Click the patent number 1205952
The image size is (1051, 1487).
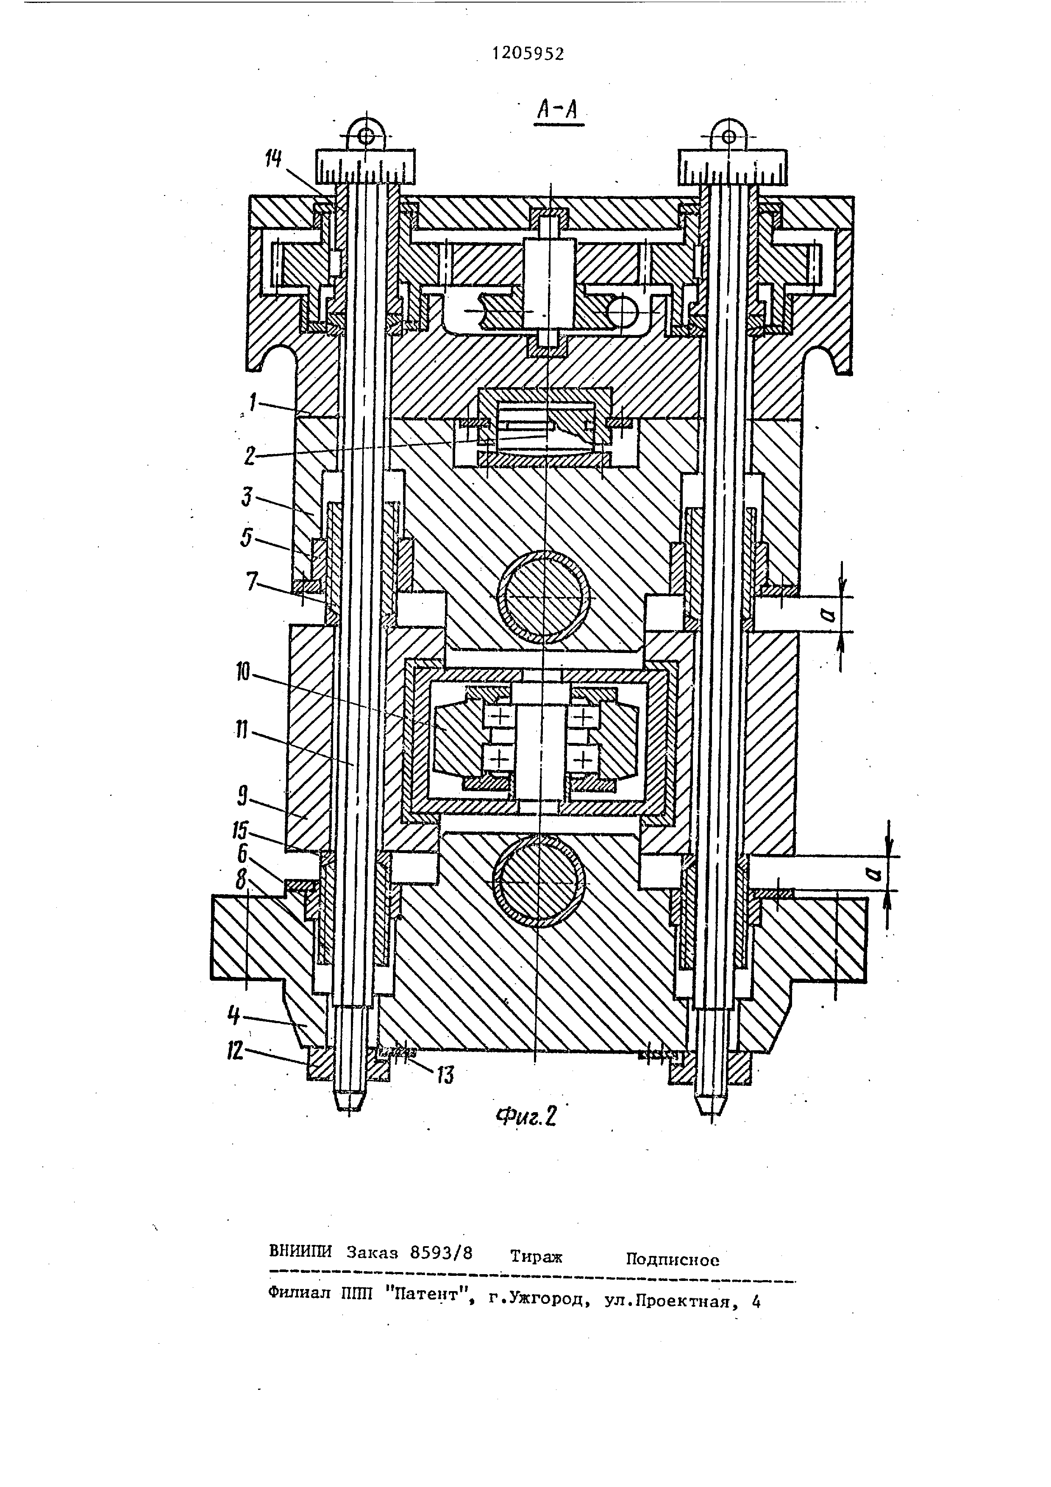pyautogui.click(x=528, y=54)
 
